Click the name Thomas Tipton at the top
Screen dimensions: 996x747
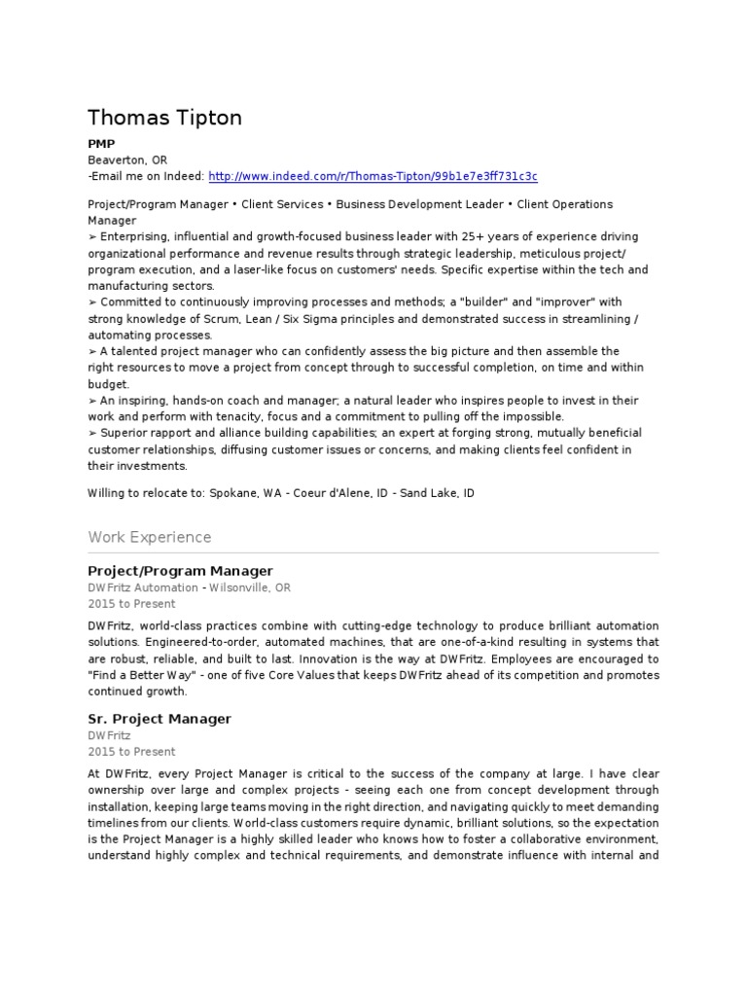(164, 118)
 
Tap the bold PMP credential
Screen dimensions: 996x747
(101, 144)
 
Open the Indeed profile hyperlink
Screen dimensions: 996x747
(373, 176)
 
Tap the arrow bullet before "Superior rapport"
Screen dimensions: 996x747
(92, 433)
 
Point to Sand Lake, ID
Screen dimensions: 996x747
(438, 493)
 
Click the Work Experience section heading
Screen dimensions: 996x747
(149, 537)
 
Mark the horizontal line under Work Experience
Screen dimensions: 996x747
(373, 552)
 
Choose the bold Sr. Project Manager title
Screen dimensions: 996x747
(160, 719)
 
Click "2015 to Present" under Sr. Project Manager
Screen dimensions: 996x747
(131, 752)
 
